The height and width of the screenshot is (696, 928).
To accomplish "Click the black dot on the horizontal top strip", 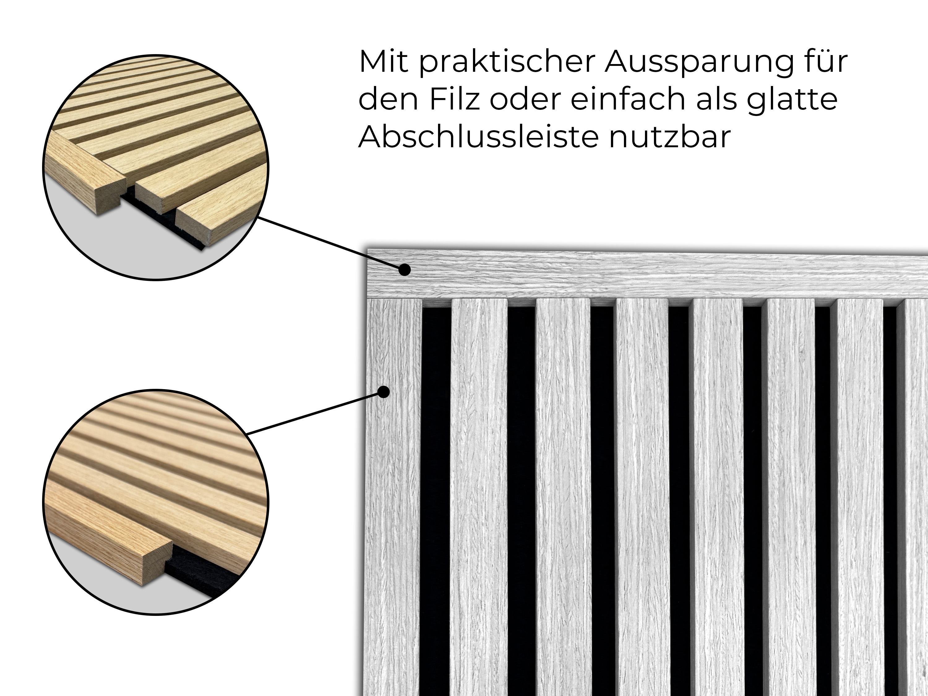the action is point(404,270).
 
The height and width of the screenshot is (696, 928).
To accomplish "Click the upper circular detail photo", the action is point(156,167).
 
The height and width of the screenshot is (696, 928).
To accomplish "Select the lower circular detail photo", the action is point(156,502).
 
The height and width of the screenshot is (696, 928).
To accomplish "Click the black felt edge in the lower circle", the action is point(201,573).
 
